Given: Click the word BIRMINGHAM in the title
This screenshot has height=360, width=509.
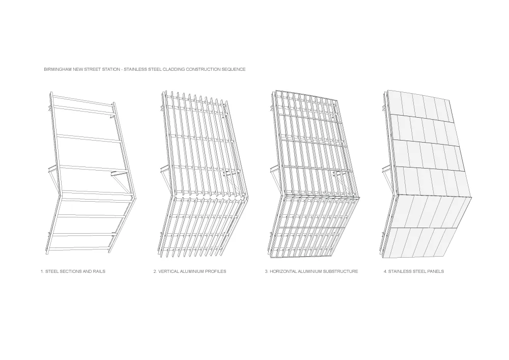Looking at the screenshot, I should [x=56, y=69].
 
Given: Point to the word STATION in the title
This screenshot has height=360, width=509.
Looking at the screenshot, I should [x=114, y=69].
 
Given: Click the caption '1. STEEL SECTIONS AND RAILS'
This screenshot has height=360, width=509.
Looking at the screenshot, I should [x=73, y=271].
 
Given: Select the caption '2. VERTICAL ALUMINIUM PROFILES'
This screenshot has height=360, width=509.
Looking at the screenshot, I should [x=190, y=271].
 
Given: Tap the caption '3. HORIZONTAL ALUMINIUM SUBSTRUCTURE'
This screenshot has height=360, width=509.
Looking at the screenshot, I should [x=311, y=271].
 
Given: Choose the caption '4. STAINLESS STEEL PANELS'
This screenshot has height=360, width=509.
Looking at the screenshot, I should [x=413, y=271].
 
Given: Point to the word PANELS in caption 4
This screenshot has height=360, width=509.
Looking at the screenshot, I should [x=435, y=271].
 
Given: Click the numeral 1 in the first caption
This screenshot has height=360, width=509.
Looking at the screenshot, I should [x=41, y=271].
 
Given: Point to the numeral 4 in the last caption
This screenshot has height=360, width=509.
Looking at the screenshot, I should [x=384, y=271].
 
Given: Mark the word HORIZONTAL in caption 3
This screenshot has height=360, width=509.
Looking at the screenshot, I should [x=282, y=271].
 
